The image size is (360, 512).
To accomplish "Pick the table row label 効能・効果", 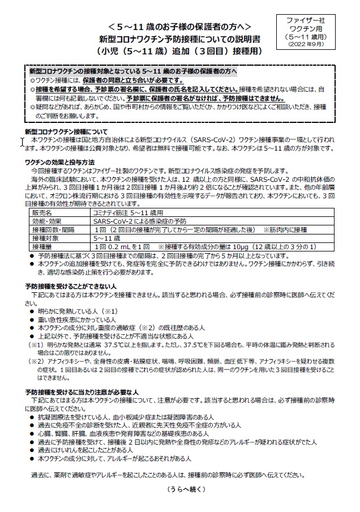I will pyautogui.click(x=46, y=220).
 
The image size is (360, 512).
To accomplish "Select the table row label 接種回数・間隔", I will pyautogui.click(x=52, y=229).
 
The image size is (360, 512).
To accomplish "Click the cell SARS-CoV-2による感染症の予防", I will pyautogui.click(x=138, y=220).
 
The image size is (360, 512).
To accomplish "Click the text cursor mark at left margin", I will pyautogui.click(x=23, y=142).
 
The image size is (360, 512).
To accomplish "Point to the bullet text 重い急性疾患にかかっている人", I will pyautogui.click(x=76, y=321).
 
